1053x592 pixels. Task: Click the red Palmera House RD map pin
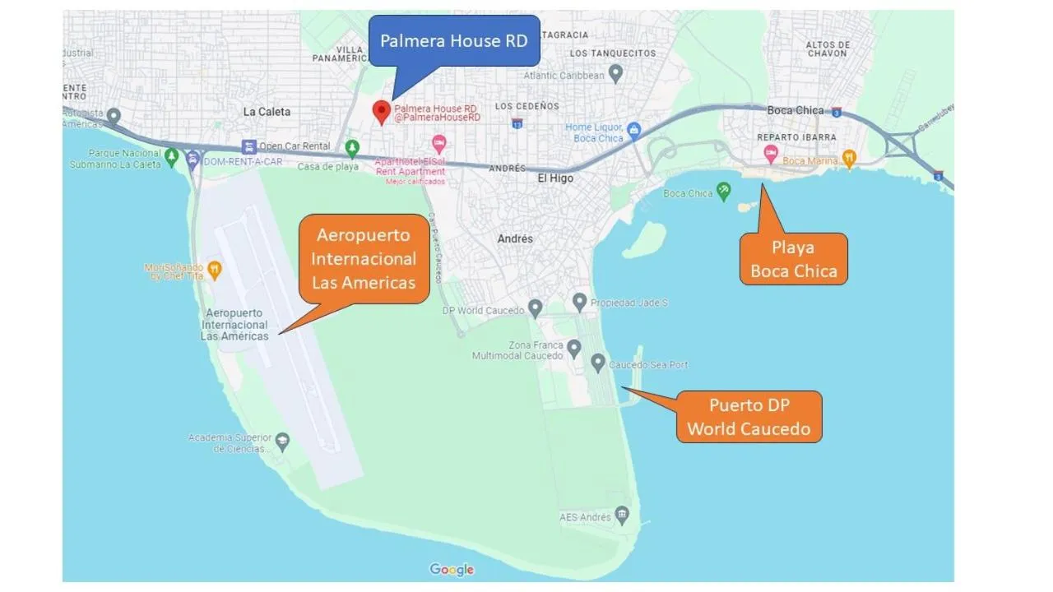click(x=381, y=111)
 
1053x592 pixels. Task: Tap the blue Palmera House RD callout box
click(x=454, y=40)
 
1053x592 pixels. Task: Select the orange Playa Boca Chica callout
click(x=793, y=259)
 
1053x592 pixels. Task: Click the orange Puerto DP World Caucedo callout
click(x=749, y=417)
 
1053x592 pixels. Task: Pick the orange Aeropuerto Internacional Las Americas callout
click(x=364, y=259)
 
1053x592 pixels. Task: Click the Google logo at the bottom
click(x=452, y=570)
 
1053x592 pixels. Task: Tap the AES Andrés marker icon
click(x=623, y=516)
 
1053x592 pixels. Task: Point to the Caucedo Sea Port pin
click(x=598, y=362)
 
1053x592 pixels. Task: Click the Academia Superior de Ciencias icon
click(x=283, y=440)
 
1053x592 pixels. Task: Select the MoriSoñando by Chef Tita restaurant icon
click(x=214, y=268)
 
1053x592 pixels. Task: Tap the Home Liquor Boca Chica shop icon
click(x=633, y=130)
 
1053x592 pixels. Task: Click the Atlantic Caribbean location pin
click(x=615, y=74)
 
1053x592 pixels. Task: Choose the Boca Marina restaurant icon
click(x=849, y=158)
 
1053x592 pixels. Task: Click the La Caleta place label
click(x=267, y=112)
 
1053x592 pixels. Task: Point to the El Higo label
click(x=555, y=178)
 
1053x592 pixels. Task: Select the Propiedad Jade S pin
click(x=580, y=302)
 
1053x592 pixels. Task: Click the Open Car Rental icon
click(x=248, y=146)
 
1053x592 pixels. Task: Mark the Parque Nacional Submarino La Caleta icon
click(x=171, y=155)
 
